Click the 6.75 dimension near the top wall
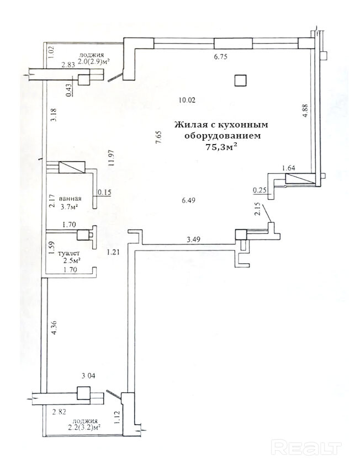(x=221, y=56)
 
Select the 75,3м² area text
(x=218, y=146)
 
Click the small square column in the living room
(x=240, y=81)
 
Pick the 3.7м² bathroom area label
(x=69, y=207)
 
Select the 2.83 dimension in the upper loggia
(x=68, y=65)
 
